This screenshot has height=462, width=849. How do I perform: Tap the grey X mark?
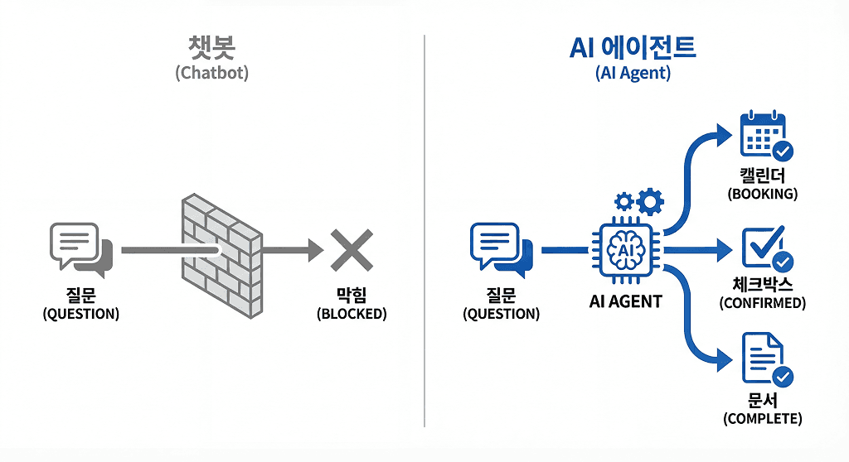coord(352,250)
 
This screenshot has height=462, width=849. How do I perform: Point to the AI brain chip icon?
coord(625,249)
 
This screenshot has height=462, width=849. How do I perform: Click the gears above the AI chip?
coord(639,201)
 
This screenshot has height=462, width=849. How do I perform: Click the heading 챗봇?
coord(212,48)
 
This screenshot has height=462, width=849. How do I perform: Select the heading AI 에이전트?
coord(633,48)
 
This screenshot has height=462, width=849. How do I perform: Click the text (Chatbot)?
coord(212,73)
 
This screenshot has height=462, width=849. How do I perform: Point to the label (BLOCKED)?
coord(352,315)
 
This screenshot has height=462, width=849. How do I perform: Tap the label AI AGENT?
coord(626,302)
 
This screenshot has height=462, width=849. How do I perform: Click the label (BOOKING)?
coord(762,195)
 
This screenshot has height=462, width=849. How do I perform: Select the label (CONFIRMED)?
coord(762,303)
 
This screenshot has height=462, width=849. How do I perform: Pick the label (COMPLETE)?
coord(763,419)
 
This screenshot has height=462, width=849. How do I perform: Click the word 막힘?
coord(352,296)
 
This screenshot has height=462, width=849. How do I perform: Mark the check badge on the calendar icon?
coord(782,152)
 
